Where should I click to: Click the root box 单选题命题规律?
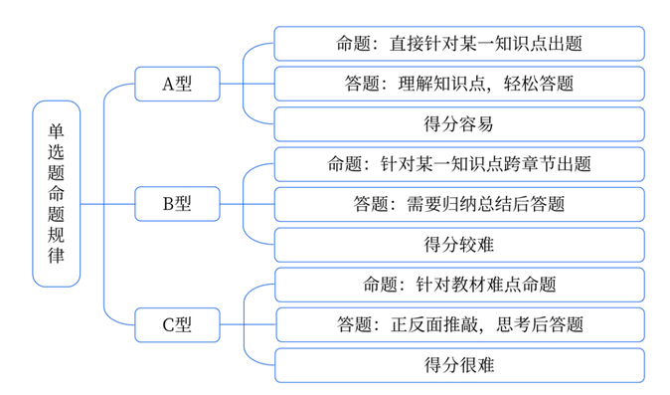(56, 193)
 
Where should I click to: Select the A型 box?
(176, 85)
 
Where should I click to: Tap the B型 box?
(176, 204)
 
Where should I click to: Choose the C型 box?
(176, 323)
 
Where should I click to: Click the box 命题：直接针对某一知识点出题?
(458, 43)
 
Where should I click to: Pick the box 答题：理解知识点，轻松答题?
(458, 84)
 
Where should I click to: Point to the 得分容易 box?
(458, 124)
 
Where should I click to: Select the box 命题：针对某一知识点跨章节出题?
(458, 163)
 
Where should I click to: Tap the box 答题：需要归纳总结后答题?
(458, 204)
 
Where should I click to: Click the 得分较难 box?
(458, 244)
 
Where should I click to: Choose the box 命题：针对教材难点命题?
(458, 284)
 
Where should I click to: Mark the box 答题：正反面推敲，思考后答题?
(458, 323)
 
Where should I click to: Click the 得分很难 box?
(458, 364)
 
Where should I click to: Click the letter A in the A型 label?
(168, 85)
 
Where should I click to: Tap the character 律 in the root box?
(56, 257)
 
